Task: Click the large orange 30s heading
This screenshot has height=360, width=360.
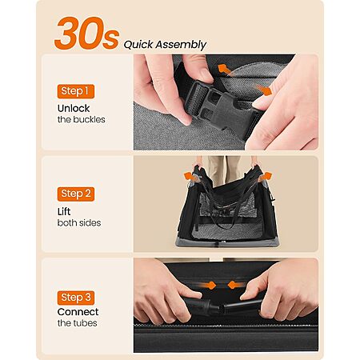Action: click(x=86, y=34)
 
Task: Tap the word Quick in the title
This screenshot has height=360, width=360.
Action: click(x=138, y=45)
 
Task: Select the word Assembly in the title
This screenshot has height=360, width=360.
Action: click(x=181, y=45)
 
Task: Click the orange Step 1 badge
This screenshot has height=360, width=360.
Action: click(x=76, y=91)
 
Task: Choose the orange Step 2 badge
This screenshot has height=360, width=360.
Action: click(x=76, y=194)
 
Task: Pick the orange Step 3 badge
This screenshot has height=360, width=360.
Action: click(x=76, y=298)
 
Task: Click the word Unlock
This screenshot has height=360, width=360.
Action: click(x=74, y=108)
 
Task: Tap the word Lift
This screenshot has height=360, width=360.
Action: click(x=64, y=211)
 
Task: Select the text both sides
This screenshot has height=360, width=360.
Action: click(x=79, y=222)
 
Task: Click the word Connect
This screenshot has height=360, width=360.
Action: click(x=78, y=312)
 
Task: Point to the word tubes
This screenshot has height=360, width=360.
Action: click(x=85, y=323)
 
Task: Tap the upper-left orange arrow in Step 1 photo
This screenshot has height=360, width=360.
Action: click(x=224, y=70)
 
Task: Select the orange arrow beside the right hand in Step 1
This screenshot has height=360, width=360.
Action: click(x=264, y=90)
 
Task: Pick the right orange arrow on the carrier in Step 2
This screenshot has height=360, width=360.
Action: click(x=265, y=177)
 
